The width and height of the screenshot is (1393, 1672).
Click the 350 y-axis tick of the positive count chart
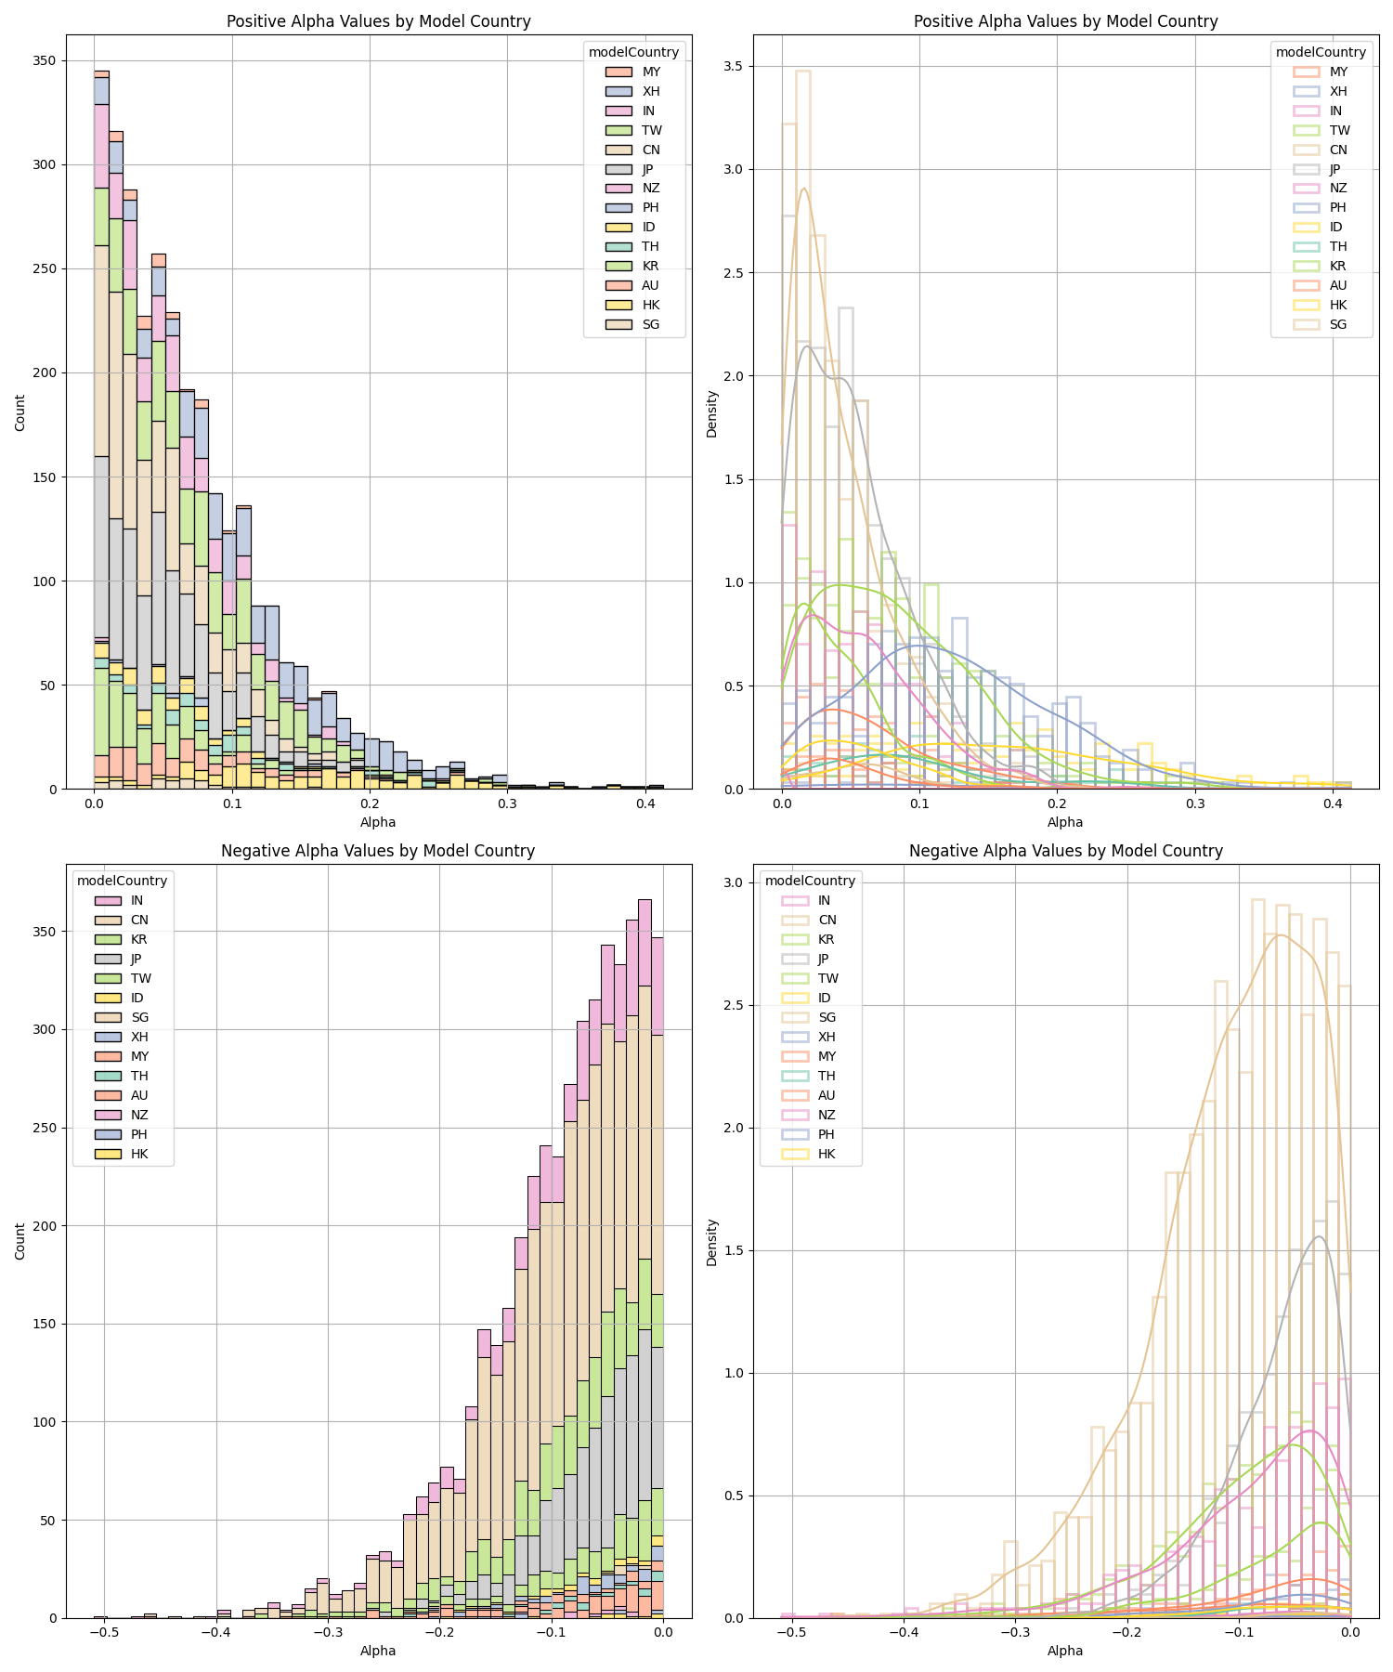(45, 61)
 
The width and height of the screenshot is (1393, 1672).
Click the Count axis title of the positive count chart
(20, 411)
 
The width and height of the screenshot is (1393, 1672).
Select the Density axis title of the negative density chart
(711, 1242)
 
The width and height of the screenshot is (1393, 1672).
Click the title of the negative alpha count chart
(378, 851)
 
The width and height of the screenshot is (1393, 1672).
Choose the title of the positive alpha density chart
(1065, 21)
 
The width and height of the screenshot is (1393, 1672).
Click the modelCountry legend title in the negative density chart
(810, 881)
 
